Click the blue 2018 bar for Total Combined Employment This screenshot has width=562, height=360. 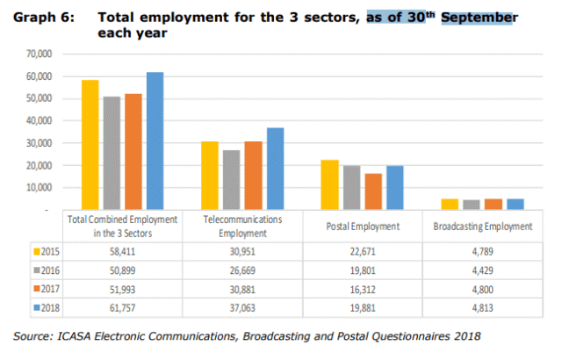pyautogui.click(x=155, y=140)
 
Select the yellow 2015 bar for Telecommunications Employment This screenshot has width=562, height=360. pyautogui.click(x=209, y=175)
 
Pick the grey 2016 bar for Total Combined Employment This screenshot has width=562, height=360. pyautogui.click(x=112, y=153)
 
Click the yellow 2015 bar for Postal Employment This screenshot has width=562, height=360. pyautogui.click(x=329, y=184)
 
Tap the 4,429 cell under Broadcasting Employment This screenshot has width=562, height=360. pyautogui.click(x=483, y=270)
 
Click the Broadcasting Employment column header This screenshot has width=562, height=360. pyautogui.click(x=483, y=226)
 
